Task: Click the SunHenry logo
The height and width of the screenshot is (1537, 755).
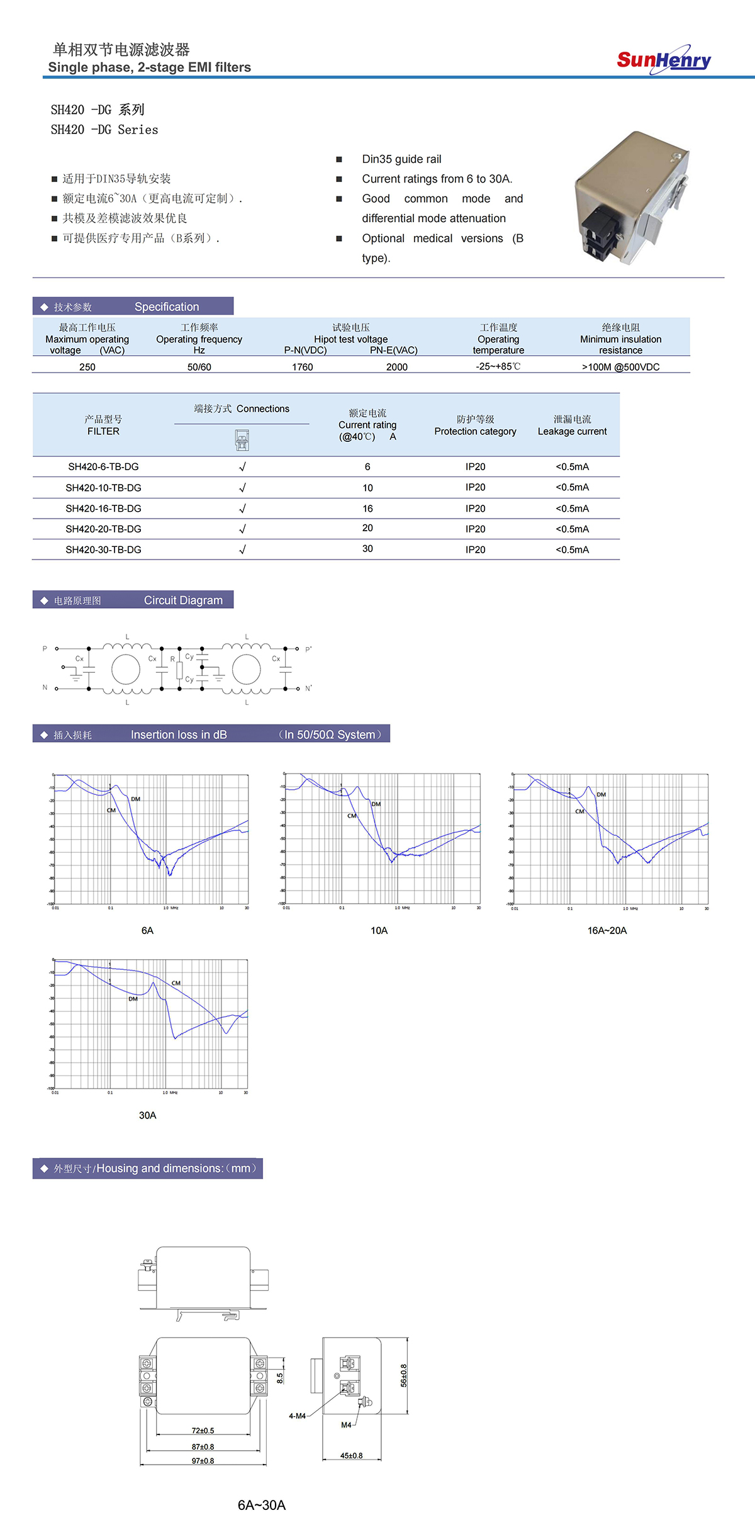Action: coord(664,60)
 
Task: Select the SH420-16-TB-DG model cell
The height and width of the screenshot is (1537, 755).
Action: coord(103,509)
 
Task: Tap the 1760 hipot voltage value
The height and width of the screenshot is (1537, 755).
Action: coord(302,367)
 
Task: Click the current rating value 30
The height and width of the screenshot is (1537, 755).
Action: coord(367,549)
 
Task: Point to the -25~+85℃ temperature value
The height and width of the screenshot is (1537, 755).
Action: coord(498,366)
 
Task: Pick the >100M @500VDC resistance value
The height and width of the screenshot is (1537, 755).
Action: coord(620,367)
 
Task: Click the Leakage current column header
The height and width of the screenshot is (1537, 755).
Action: coord(572,425)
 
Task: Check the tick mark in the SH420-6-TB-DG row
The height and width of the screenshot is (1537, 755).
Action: coord(242,467)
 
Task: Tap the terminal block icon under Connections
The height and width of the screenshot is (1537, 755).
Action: coord(242,440)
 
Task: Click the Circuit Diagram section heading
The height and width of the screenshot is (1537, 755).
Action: coord(183,600)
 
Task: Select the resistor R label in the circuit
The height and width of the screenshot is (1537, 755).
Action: coord(172,659)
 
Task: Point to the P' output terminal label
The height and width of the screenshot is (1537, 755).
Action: coord(308,649)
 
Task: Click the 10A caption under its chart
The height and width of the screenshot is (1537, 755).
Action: coord(379,930)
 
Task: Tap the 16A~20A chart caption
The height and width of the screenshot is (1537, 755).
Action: coord(607,930)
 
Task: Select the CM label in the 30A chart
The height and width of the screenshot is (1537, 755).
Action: coord(176,983)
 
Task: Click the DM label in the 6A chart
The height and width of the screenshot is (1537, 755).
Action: coord(136,799)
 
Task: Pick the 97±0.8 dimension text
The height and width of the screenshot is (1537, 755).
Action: coord(203,1461)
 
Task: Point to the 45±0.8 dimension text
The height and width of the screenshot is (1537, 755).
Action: coord(351,1456)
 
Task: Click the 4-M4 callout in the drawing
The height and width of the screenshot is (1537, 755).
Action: coord(297,1416)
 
